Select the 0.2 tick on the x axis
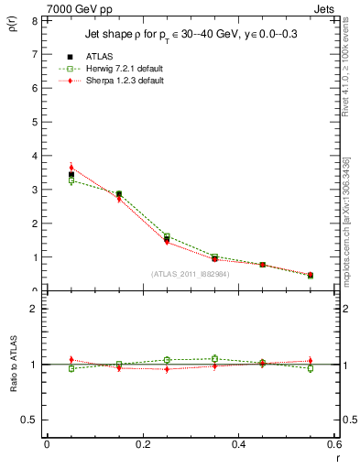pos(143,445)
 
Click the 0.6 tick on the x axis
pos(335,445)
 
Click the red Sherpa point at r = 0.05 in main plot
pos(71,168)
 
